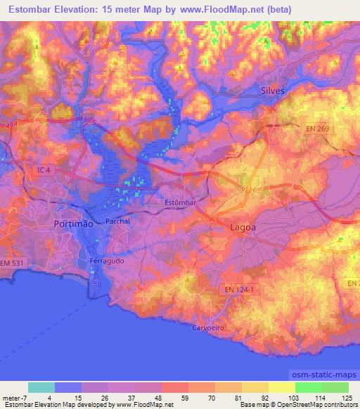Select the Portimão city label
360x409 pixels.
click(73, 223)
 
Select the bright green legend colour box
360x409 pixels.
click(309, 387)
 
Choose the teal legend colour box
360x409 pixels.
click(41, 387)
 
